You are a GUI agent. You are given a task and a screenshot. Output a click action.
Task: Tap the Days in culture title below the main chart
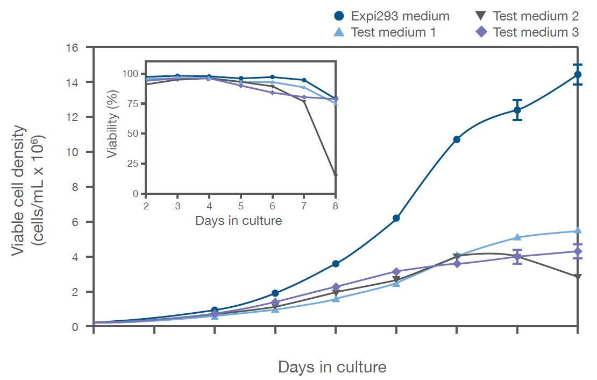click(332, 367)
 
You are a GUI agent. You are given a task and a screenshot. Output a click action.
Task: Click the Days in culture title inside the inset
click(238, 220)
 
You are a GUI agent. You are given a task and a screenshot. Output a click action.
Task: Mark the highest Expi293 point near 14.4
click(578, 75)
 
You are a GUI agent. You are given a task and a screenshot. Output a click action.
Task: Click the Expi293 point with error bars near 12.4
click(517, 110)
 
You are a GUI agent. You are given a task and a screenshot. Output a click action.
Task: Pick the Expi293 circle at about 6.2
click(396, 218)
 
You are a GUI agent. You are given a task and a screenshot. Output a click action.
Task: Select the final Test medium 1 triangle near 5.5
click(578, 230)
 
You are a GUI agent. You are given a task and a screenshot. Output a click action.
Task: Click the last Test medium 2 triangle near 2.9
click(578, 277)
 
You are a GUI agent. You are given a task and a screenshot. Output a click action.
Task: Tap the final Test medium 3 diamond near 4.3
click(578, 251)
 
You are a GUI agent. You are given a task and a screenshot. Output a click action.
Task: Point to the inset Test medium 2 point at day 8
click(336, 175)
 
